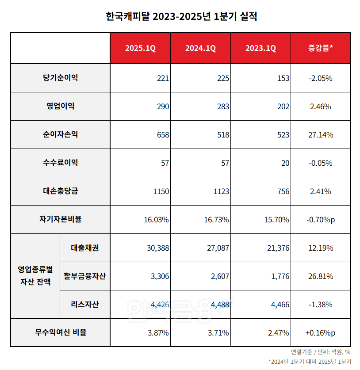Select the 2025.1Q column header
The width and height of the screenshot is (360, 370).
tap(140, 49)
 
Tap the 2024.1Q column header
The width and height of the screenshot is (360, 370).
tap(200, 49)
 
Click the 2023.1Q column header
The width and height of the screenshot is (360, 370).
tap(260, 49)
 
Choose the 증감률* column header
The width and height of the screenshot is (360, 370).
tap(320, 49)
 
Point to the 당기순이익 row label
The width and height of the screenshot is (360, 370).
tap(60, 78)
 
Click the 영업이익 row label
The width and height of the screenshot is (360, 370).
tap(60, 106)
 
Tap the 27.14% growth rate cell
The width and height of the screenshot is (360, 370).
tap(320, 135)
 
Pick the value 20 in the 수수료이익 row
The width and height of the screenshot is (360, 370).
tap(285, 163)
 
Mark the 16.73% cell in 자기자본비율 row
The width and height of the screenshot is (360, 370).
tap(216, 220)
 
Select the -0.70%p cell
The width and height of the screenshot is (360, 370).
tap(320, 220)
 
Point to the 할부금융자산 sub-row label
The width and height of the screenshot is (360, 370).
tap(84, 276)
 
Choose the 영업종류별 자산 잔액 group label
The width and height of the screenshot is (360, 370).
tap(35, 276)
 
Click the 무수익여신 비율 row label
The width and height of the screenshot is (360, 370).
tap(60, 332)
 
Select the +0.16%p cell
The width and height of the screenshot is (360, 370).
tap(320, 332)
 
